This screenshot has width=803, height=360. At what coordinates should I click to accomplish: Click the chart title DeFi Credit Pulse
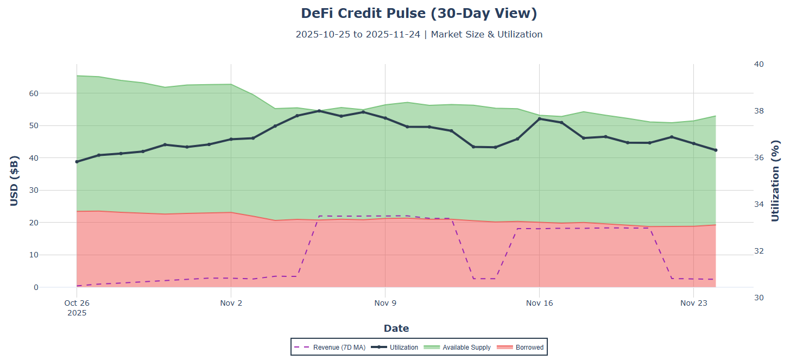pyautogui.click(x=419, y=14)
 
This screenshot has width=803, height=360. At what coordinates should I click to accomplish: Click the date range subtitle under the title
pyautogui.click(x=419, y=34)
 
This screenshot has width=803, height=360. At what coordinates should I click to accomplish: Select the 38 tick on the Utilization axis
pyautogui.click(x=759, y=111)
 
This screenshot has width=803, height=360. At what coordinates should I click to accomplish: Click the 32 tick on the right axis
pyautogui.click(x=759, y=251)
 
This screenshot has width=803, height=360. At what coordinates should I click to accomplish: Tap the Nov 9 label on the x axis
pyautogui.click(x=385, y=303)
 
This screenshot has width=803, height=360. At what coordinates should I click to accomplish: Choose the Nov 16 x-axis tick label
pyautogui.click(x=539, y=303)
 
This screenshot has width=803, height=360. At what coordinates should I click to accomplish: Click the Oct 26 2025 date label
pyautogui.click(x=77, y=307)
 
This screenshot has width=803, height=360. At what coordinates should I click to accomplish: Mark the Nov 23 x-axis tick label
pyautogui.click(x=693, y=303)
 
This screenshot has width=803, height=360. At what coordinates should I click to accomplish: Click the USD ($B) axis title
pyautogui.click(x=15, y=181)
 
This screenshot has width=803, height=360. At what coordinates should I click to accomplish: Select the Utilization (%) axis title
pyautogui.click(x=775, y=181)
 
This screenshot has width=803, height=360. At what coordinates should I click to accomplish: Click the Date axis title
pyautogui.click(x=396, y=329)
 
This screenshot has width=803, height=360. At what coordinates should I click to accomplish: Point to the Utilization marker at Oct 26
pyautogui.click(x=77, y=162)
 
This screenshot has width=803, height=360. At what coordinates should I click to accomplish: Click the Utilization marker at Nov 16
pyautogui.click(x=540, y=119)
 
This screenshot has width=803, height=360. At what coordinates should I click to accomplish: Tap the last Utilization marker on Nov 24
pyautogui.click(x=716, y=150)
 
